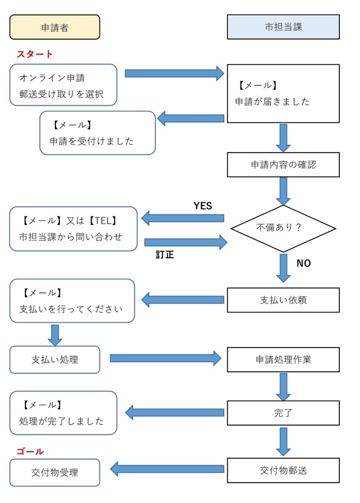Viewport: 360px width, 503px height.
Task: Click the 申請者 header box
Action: pos(55,27)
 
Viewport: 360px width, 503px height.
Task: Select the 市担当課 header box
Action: pos(283,27)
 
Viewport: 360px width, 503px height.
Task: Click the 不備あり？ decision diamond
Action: pos(284,228)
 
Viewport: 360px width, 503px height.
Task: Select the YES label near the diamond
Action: pos(203,206)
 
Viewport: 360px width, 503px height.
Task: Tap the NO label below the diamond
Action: pos(304,264)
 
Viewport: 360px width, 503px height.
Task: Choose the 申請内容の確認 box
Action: pos(283,165)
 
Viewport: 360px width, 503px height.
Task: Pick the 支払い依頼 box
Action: pos(283,300)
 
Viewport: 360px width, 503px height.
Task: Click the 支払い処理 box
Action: pos(55,358)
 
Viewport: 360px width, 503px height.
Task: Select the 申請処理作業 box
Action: pos(283,359)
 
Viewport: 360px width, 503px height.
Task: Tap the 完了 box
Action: pos(283,412)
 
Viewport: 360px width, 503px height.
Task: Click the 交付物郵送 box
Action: pos(283,469)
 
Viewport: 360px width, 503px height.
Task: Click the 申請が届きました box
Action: pos(283,93)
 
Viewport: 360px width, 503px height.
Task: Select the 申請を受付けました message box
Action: pos(98,132)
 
